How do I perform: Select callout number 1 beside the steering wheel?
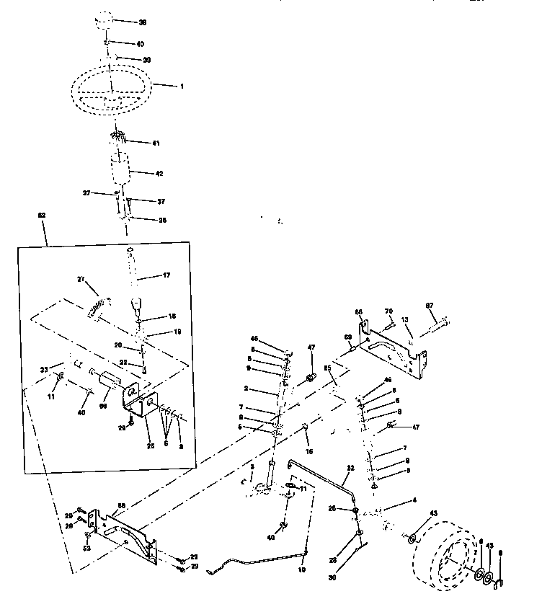tap(182, 87)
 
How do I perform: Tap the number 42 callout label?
tap(160, 173)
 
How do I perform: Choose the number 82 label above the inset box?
tap(42, 216)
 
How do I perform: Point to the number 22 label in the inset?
tap(123, 363)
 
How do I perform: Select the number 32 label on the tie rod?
tap(350, 469)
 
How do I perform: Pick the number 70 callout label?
tap(389, 311)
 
